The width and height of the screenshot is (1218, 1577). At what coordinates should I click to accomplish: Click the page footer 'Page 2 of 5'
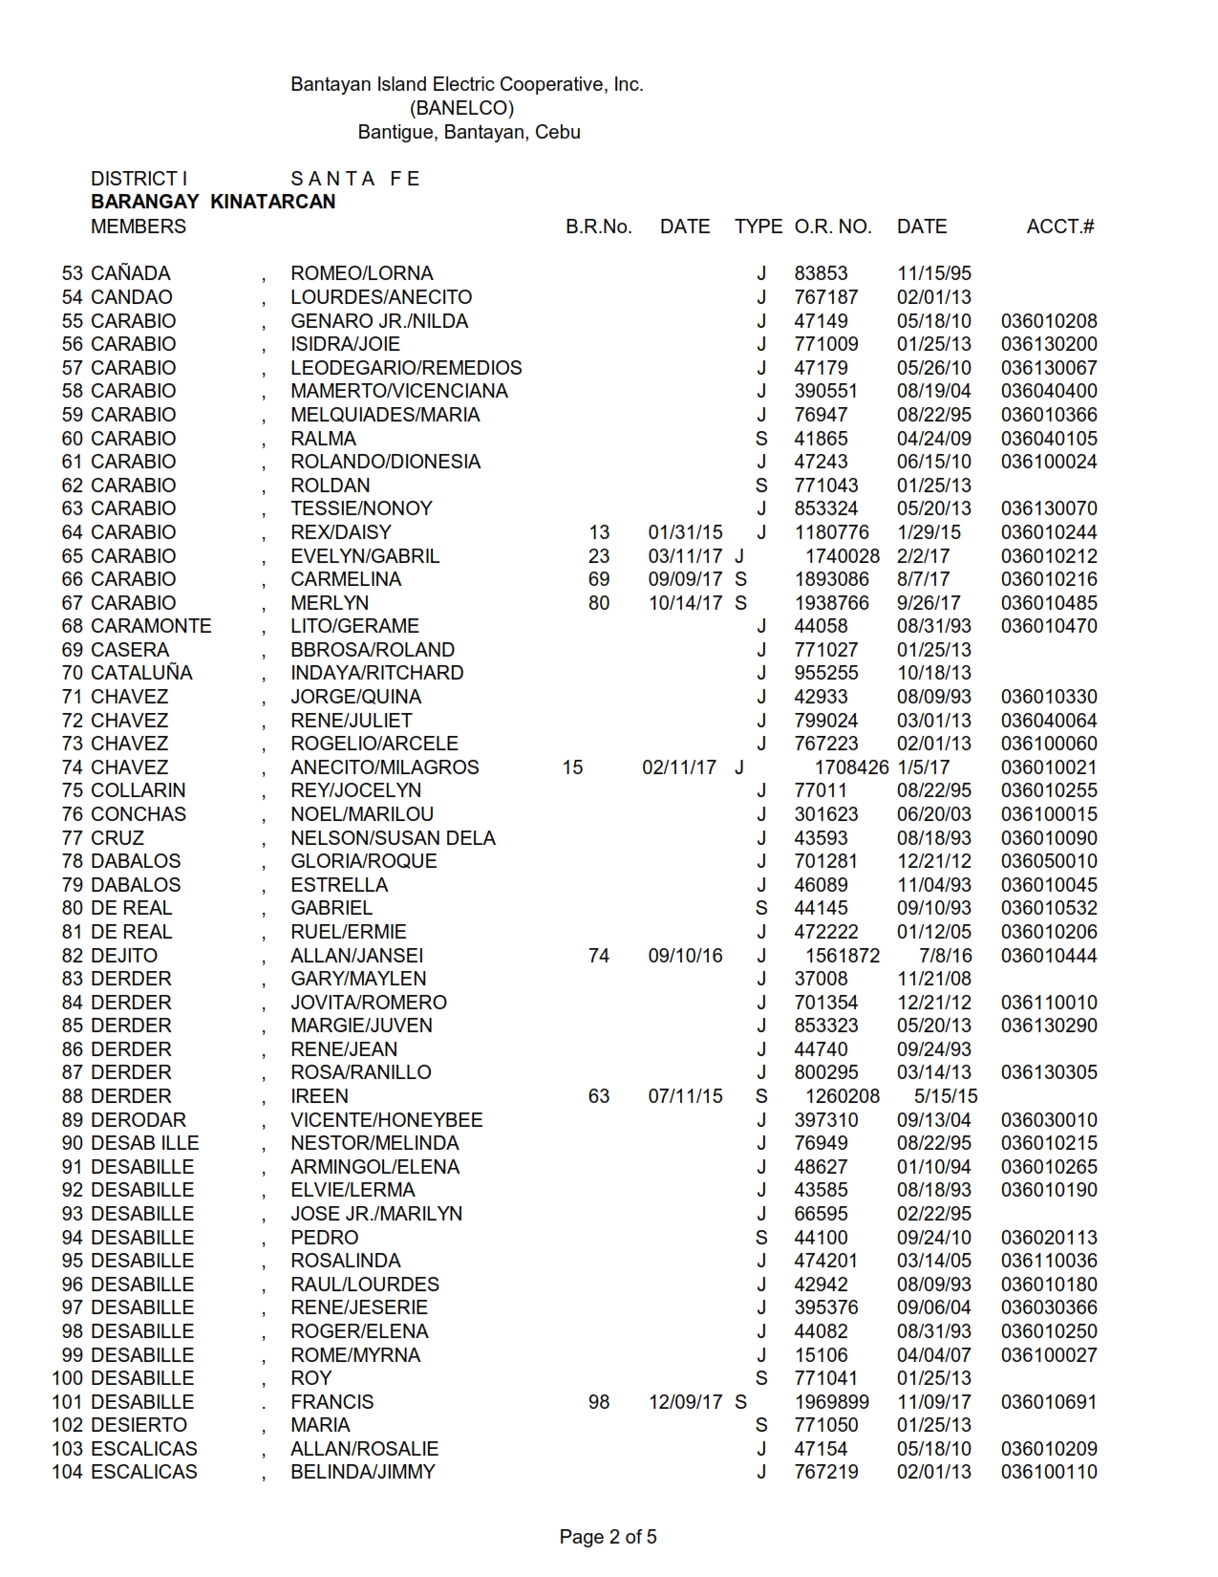tap(608, 1537)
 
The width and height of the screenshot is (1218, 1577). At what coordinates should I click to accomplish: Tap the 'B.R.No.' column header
tap(598, 227)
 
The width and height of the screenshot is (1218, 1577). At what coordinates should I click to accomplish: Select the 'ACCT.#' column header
tap(1059, 227)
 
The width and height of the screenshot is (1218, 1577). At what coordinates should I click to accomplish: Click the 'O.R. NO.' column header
tap(832, 227)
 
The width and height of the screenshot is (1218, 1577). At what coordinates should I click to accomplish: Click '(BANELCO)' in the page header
tap(461, 108)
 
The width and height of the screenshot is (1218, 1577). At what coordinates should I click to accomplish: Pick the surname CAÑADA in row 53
tap(130, 273)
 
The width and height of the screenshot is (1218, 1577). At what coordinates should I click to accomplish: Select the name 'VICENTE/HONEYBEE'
tap(386, 1119)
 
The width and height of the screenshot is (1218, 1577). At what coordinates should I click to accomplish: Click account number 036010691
tap(1049, 1402)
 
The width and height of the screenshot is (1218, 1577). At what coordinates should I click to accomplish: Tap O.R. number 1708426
tap(851, 767)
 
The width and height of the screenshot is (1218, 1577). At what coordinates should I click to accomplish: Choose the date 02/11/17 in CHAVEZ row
tap(678, 767)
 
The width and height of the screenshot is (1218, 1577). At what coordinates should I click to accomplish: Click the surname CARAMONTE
tap(151, 626)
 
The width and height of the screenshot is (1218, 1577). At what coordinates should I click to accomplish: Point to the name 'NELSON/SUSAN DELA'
tap(393, 838)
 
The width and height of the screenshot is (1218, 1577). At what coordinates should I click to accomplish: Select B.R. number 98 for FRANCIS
tap(599, 1402)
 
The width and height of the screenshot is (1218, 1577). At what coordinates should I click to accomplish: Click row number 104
tap(67, 1472)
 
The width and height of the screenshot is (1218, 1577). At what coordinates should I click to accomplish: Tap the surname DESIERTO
tap(139, 1425)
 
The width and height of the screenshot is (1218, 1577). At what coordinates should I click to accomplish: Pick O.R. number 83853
tap(821, 273)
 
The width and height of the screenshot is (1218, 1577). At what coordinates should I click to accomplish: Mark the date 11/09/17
tap(933, 1402)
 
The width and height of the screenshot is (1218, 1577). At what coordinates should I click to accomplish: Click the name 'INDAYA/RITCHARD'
tap(376, 673)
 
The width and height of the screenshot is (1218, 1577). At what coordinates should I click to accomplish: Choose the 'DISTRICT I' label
tap(139, 179)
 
